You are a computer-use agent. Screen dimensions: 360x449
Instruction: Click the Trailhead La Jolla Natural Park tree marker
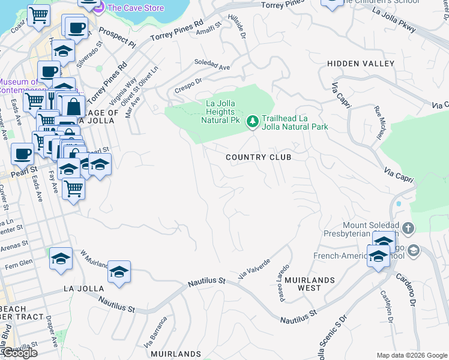253,122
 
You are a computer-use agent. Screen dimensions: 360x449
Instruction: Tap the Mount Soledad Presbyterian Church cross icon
408,228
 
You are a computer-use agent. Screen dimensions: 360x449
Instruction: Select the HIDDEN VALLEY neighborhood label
360,64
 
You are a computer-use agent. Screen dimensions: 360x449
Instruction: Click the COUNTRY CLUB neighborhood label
258,157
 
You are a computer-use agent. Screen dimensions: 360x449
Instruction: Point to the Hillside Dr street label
242,27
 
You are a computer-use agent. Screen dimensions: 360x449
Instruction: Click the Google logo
20,353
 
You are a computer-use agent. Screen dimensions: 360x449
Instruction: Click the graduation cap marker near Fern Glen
61,259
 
